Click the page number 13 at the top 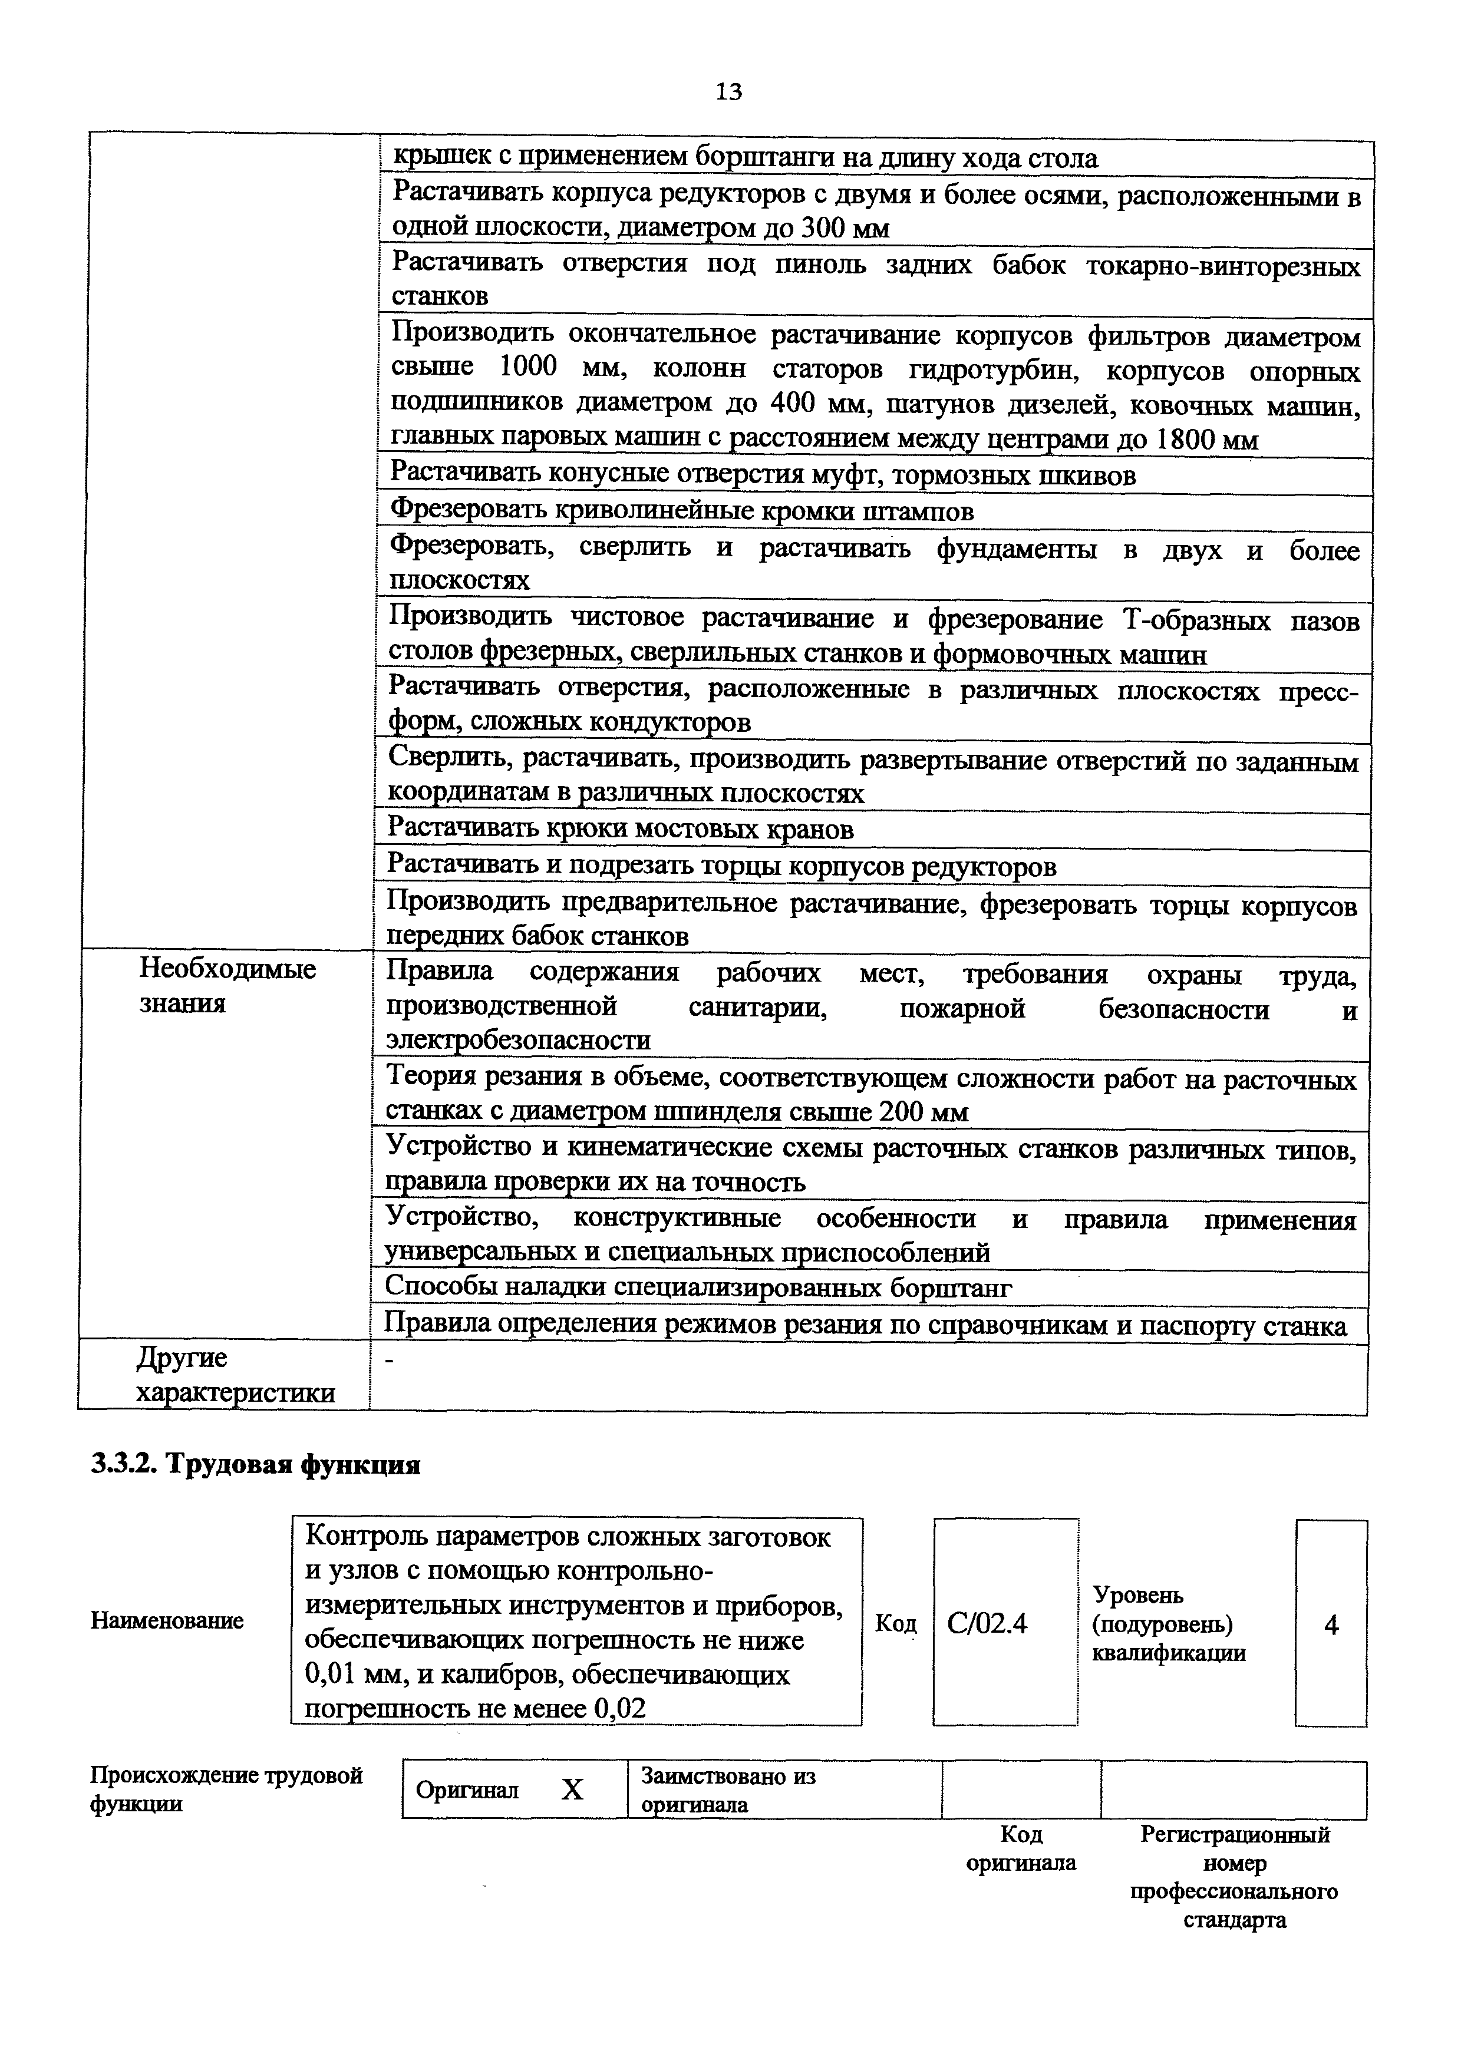[729, 91]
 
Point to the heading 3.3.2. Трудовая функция [256, 1465]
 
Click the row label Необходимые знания [227, 986]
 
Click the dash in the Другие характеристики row [390, 1361]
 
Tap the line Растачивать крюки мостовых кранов [620, 828]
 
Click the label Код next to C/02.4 [896, 1623]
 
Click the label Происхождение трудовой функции [226, 1789]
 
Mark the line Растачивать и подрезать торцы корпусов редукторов [721, 866]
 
